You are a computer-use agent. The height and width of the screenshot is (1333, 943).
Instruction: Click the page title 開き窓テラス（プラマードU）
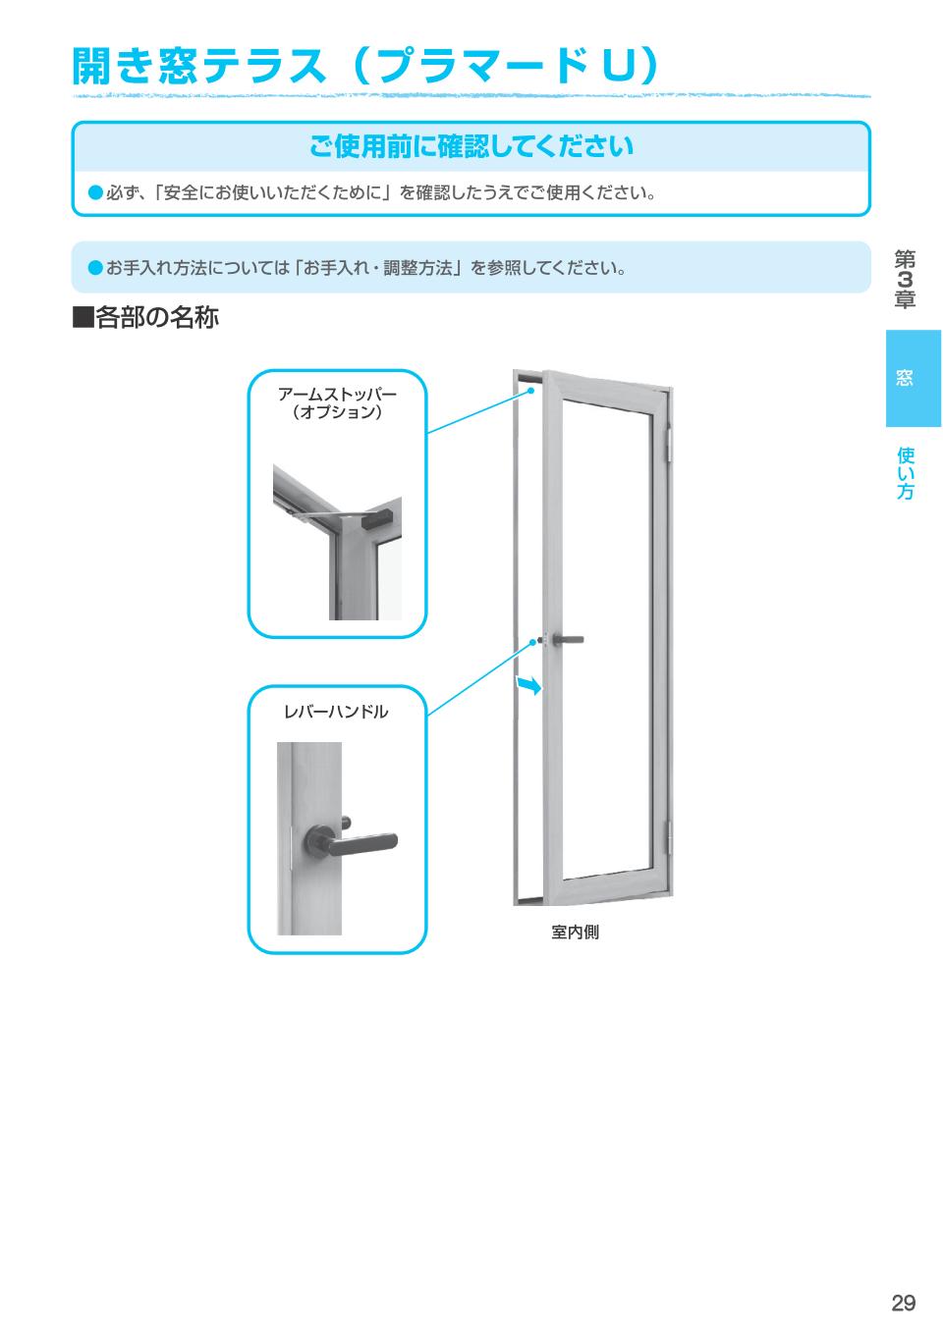(364, 66)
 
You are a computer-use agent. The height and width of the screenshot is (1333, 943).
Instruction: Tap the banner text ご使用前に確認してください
(471, 147)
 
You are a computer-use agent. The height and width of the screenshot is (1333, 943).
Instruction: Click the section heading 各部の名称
(156, 318)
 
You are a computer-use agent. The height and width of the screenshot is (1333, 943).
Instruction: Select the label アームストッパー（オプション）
(337, 402)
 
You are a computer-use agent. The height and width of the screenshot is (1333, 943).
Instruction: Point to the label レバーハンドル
(336, 712)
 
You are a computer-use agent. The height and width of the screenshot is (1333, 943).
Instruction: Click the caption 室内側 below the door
(575, 933)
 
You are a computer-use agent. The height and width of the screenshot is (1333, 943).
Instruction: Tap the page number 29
(903, 1303)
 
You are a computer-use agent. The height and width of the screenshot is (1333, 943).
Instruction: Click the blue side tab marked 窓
(913, 378)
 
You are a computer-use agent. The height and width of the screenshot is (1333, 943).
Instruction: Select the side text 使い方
(905, 473)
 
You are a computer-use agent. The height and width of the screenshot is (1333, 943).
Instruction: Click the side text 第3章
(905, 280)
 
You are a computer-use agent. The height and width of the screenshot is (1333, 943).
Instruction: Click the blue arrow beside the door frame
(528, 685)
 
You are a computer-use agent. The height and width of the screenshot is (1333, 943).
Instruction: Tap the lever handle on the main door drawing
(566, 640)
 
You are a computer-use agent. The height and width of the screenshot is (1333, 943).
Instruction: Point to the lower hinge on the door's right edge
(672, 836)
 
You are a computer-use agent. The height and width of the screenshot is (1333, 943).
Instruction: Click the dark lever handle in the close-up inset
(354, 840)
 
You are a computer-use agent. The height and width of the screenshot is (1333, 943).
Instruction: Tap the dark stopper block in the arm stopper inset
(379, 516)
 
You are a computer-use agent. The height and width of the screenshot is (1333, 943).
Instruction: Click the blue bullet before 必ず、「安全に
(95, 191)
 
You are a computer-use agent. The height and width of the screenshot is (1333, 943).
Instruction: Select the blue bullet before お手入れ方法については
(95, 267)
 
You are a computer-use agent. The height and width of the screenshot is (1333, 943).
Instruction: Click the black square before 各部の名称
(83, 318)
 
